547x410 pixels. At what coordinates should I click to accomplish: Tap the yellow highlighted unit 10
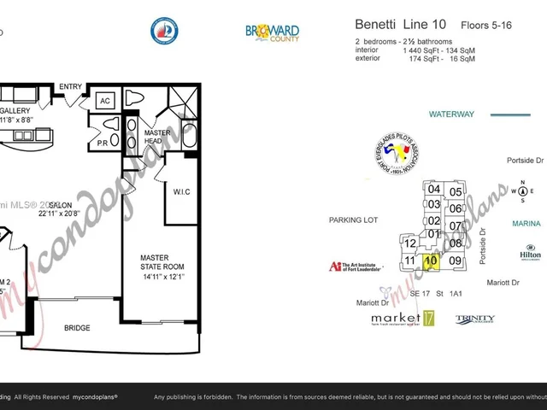pyautogui.click(x=431, y=261)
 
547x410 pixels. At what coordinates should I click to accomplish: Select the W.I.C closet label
pyautogui.click(x=181, y=191)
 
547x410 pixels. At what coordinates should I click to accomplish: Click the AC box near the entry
pyautogui.click(x=106, y=100)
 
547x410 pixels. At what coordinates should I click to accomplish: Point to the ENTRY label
pyautogui.click(x=70, y=86)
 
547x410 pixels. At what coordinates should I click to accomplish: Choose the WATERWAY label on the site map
pyautogui.click(x=450, y=114)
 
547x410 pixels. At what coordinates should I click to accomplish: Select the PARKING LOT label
pyautogui.click(x=353, y=220)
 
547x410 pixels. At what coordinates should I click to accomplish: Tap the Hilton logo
pyautogui.click(x=530, y=254)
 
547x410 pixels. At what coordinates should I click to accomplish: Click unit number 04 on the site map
pyautogui.click(x=434, y=190)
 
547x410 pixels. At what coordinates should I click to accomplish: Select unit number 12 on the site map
pyautogui.click(x=410, y=243)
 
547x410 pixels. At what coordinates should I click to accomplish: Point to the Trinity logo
pyautogui.click(x=474, y=319)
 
